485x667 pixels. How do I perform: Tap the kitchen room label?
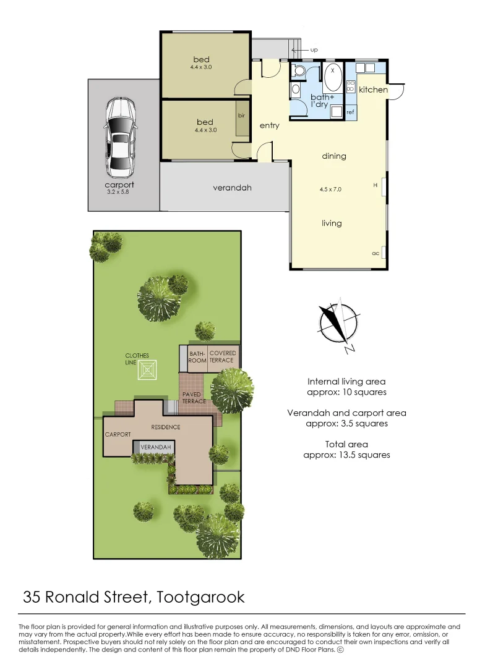[x=373, y=90]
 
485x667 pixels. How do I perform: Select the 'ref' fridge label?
[x=350, y=112]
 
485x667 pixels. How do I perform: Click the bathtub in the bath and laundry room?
[x=333, y=78]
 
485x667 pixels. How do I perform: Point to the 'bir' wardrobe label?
[x=241, y=115]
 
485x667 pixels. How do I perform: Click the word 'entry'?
[x=270, y=125]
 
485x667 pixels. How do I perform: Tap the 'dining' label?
[x=334, y=156]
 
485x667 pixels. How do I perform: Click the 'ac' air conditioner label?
[x=375, y=253]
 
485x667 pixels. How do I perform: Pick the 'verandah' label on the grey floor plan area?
[x=232, y=188]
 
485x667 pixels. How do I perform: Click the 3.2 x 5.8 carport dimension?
[x=119, y=193]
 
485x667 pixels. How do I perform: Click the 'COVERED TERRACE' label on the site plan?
[x=222, y=356]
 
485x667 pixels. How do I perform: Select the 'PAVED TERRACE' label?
[x=194, y=398]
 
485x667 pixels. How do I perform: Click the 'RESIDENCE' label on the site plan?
[x=166, y=427]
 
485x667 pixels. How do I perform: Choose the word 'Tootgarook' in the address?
[x=201, y=597]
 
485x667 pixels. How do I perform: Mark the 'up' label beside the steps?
[x=314, y=49]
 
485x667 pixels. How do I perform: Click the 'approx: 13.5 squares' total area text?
[x=346, y=455]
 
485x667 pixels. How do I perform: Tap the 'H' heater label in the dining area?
[x=375, y=185]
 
